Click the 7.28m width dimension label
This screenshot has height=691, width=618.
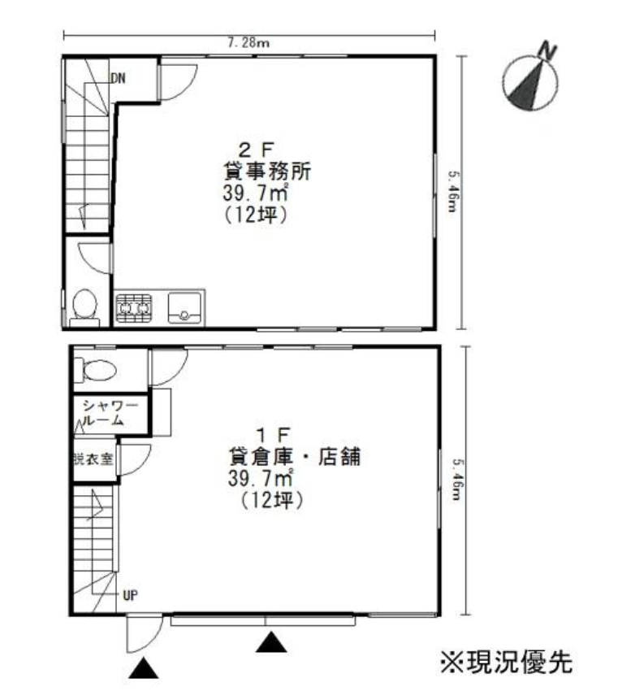click(248, 43)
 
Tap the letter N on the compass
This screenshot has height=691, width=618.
click(547, 51)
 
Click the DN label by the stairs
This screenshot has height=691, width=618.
click(118, 78)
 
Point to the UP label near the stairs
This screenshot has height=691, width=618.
click(130, 596)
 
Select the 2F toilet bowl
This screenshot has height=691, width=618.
click(84, 307)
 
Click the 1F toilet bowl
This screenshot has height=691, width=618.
click(95, 370)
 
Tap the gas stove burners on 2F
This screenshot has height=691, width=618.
click(133, 307)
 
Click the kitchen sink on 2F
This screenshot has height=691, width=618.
click(184, 307)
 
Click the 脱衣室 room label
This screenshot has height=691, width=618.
click(93, 459)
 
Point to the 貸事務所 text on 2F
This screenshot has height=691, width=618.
click(268, 171)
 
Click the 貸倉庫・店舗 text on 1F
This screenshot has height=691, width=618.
click(295, 456)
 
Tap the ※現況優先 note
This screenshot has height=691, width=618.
click(506, 662)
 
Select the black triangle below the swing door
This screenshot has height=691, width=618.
click(144, 668)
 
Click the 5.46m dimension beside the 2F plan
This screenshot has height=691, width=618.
click(453, 192)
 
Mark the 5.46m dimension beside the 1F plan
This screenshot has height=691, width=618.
click(457, 482)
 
